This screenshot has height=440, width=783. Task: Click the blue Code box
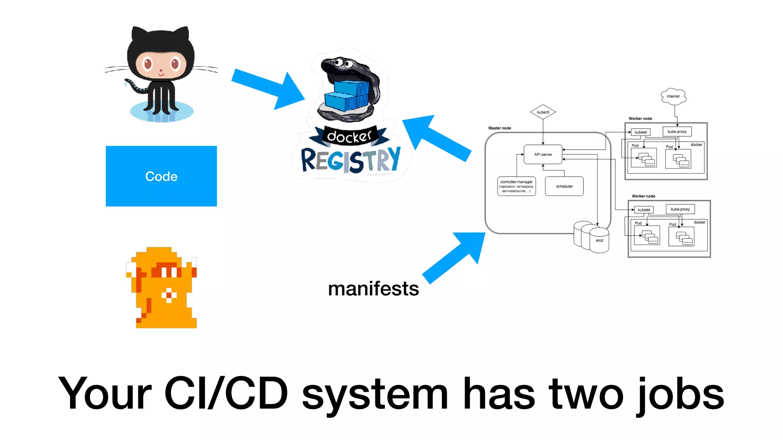point(161,176)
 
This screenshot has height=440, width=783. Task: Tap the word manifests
point(373,289)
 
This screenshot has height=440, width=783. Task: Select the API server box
point(543,154)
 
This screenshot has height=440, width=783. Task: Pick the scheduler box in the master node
point(564,186)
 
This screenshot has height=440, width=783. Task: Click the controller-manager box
point(516,186)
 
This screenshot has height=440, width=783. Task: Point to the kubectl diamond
point(543,112)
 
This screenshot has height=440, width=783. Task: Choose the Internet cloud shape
point(673,96)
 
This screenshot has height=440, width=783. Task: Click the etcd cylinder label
point(599,241)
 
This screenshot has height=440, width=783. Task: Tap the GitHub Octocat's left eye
point(147,63)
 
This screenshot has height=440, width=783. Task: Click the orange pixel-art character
point(162,288)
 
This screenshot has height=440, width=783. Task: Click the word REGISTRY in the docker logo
point(350,160)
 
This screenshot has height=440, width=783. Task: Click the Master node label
point(499,128)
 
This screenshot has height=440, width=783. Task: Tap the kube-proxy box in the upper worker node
point(677,132)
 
